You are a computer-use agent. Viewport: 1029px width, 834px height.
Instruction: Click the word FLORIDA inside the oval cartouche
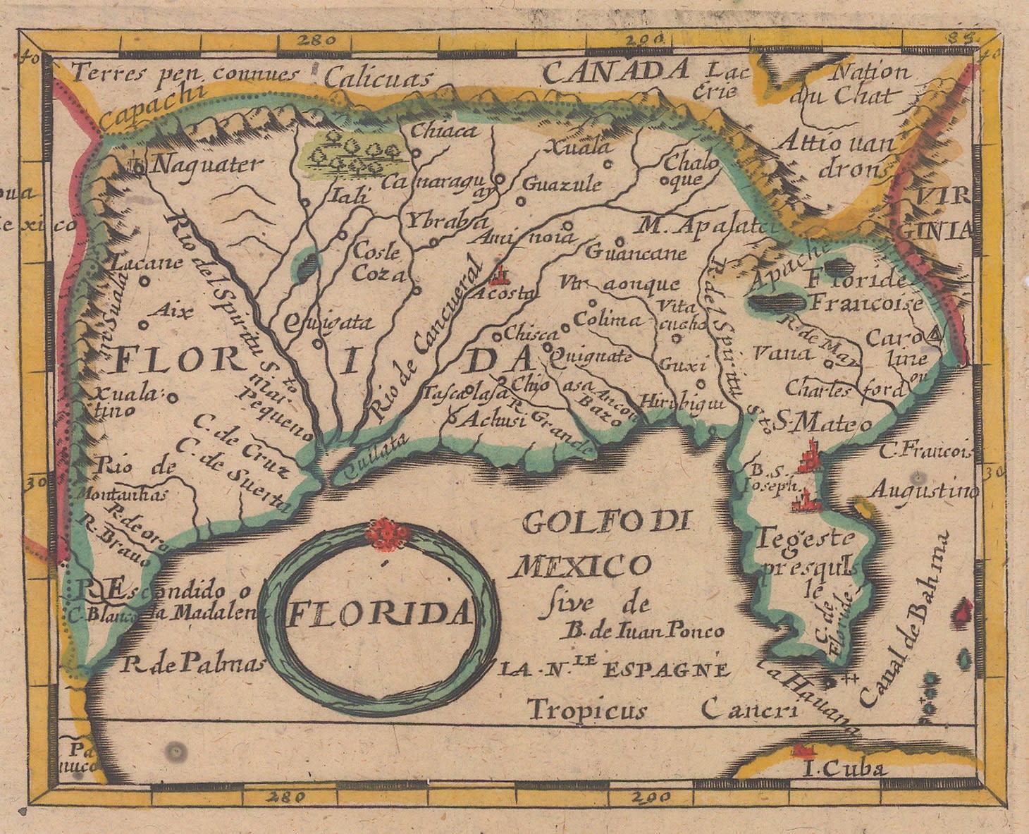click(x=378, y=613)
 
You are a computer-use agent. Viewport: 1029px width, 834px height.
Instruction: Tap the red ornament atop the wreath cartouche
click(x=385, y=534)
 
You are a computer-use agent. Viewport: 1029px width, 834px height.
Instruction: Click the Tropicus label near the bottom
click(x=587, y=709)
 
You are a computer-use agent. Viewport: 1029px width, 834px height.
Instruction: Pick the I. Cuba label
click(x=844, y=768)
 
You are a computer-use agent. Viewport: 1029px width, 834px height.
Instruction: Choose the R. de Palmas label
click(x=192, y=663)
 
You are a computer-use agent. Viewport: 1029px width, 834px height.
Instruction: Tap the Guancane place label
click(x=635, y=252)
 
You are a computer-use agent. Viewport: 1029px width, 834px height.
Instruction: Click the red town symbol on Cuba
click(x=801, y=749)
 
